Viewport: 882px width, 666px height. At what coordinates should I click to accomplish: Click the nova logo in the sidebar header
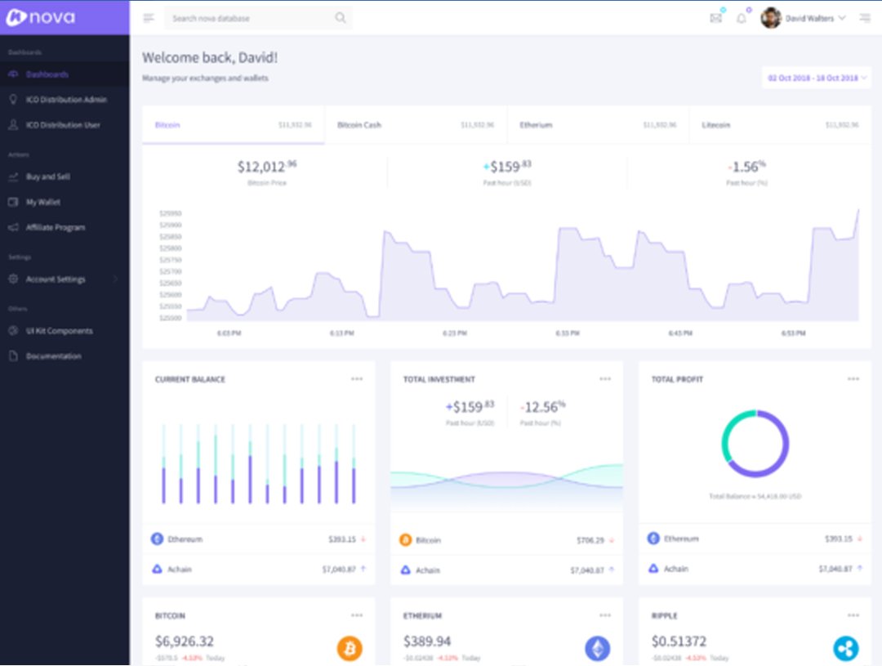(x=41, y=17)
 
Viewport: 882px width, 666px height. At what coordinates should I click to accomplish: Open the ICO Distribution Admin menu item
(x=65, y=100)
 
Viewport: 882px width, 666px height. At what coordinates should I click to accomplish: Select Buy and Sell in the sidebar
(x=47, y=177)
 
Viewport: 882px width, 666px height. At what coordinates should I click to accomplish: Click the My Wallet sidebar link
(x=42, y=202)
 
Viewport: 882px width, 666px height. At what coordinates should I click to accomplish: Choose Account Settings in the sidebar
(x=55, y=279)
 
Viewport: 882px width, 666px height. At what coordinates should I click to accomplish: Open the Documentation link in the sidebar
(x=53, y=356)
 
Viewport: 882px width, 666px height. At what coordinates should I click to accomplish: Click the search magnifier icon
(x=341, y=18)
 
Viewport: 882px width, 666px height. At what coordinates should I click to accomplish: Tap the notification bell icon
(x=741, y=18)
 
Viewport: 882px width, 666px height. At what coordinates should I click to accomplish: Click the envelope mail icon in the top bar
(x=715, y=18)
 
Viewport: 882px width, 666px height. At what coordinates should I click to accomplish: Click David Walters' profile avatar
(x=770, y=18)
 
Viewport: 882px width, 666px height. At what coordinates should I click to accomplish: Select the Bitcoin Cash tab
(x=359, y=125)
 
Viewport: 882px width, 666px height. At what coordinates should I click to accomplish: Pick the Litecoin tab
(x=715, y=125)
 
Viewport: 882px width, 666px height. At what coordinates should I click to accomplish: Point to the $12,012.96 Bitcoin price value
(x=267, y=167)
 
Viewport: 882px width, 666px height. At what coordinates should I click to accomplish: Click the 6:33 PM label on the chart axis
(x=567, y=333)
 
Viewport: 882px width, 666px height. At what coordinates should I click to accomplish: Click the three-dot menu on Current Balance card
(x=357, y=379)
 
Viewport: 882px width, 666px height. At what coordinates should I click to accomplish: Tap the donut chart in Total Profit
(x=755, y=444)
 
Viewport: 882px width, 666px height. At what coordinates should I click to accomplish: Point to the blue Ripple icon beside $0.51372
(x=845, y=648)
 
